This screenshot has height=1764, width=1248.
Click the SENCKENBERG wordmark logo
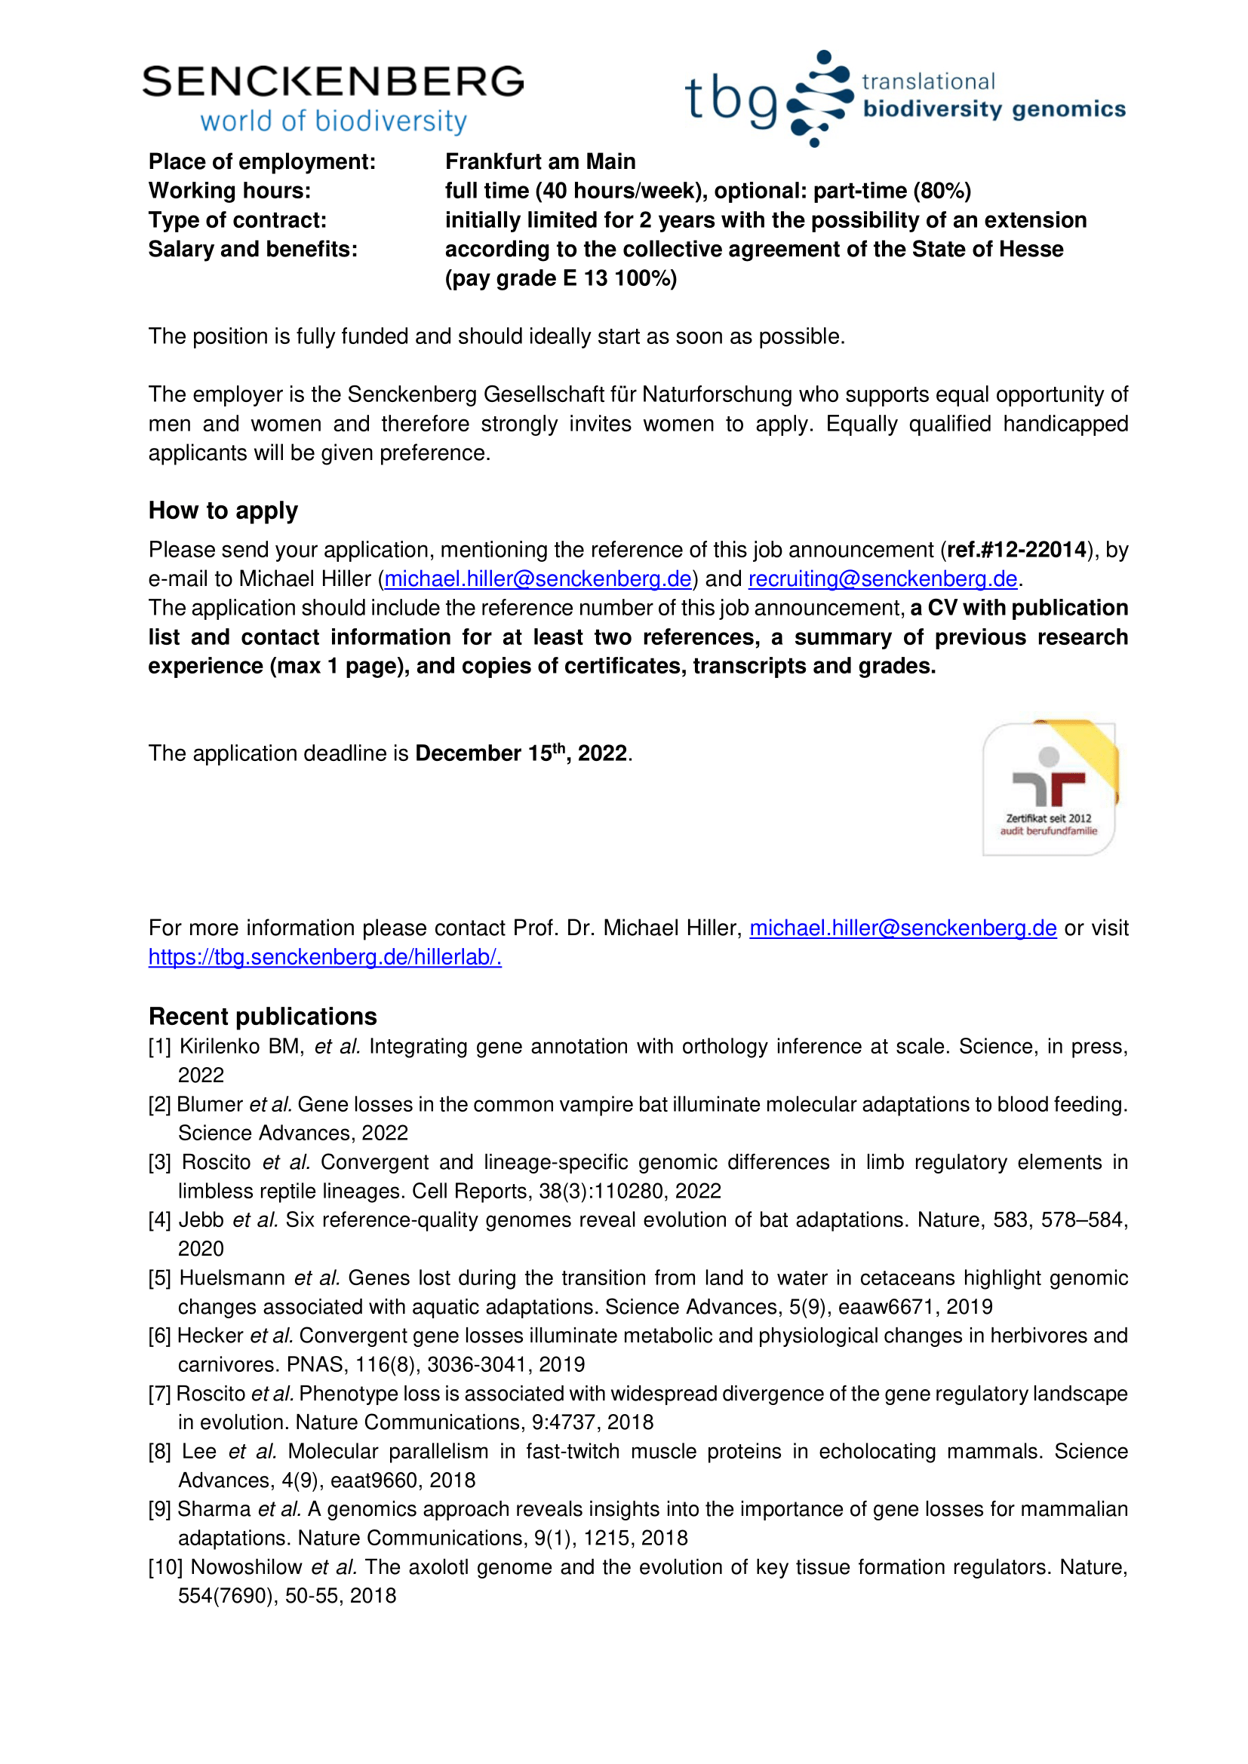(x=333, y=82)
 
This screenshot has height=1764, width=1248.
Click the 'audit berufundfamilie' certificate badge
(x=1049, y=788)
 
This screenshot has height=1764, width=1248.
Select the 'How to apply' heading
(x=223, y=511)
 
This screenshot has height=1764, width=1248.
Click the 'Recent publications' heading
(x=263, y=1017)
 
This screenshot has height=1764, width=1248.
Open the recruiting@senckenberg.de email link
(x=882, y=578)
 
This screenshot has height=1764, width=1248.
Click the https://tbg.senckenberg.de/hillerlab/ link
(x=324, y=956)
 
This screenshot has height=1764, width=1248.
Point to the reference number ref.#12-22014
(x=1016, y=549)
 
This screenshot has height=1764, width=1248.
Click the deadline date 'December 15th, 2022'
(x=521, y=753)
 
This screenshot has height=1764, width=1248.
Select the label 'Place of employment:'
(x=262, y=161)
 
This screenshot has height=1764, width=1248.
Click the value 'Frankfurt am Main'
(x=540, y=161)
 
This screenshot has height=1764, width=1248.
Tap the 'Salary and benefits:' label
(x=253, y=249)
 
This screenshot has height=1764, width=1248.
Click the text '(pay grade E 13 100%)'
(x=561, y=278)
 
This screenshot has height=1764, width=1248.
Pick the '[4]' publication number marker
(x=160, y=1220)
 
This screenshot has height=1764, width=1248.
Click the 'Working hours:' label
(x=230, y=191)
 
